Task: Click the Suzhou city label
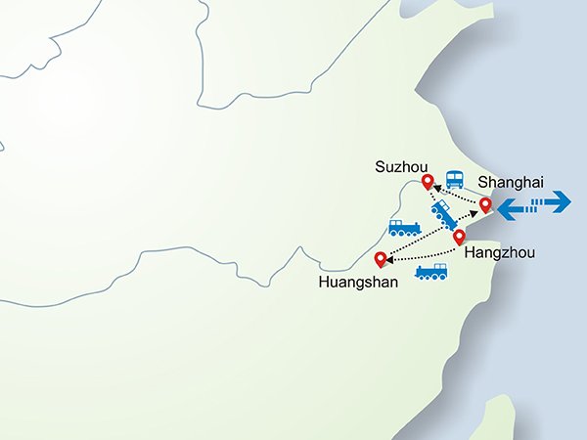point(396,167)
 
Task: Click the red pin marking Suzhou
point(428,181)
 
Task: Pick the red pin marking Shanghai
point(484,204)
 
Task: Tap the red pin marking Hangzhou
point(459,236)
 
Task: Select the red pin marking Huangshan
point(381,258)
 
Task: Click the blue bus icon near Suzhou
point(455,180)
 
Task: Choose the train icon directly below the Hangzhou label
point(431,272)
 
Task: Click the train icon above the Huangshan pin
point(404,229)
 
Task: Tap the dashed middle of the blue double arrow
point(533,204)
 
